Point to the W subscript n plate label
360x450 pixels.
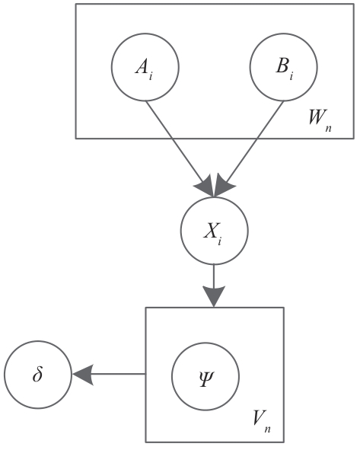pyautogui.click(x=320, y=120)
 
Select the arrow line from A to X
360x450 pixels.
pyautogui.click(x=180, y=148)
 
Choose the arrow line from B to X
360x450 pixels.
pyautogui.click(x=249, y=148)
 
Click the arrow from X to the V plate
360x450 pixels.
pyautogui.click(x=214, y=286)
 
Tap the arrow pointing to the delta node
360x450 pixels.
pyautogui.click(x=109, y=374)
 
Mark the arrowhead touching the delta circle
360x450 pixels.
pyautogui.click(x=83, y=374)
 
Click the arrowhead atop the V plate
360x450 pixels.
pyautogui.click(x=214, y=296)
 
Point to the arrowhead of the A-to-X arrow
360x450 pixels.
pyautogui.click(x=205, y=187)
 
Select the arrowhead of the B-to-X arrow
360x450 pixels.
pyautogui.click(x=224, y=187)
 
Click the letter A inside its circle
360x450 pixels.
pyautogui.click(x=142, y=68)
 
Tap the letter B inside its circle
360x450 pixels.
pyautogui.click(x=282, y=66)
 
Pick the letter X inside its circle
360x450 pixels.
pyautogui.click(x=210, y=231)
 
